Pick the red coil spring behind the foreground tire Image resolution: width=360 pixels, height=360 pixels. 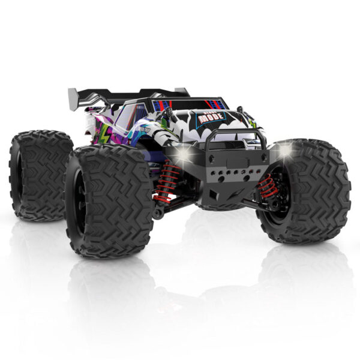(164, 181)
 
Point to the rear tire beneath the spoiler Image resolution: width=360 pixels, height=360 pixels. (39, 174)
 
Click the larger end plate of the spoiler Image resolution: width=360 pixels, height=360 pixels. (74, 96)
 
